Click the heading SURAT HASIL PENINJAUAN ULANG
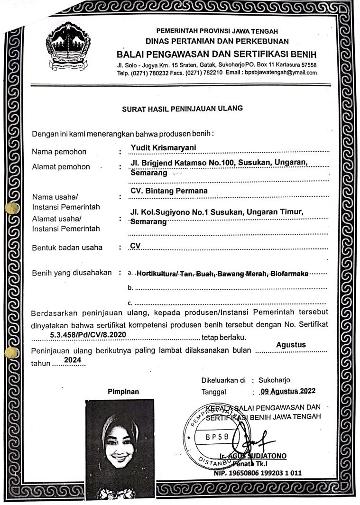coord(182,108)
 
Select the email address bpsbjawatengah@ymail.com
coord(281,73)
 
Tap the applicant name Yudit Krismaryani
coord(163,147)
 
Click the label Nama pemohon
coord(59,152)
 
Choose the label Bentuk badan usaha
coord(66,248)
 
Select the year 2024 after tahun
coord(73,360)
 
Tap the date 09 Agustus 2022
coord(288,392)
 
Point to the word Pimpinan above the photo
coord(123,392)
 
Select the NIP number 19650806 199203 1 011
coord(258,473)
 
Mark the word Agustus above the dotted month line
coord(291,345)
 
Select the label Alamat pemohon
coord(61,166)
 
